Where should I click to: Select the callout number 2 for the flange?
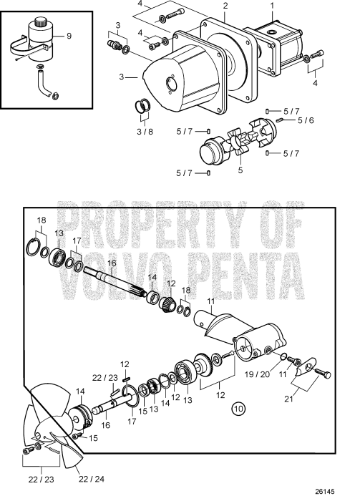225,6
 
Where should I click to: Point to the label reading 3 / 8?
146,130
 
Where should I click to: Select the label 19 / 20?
258,373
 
